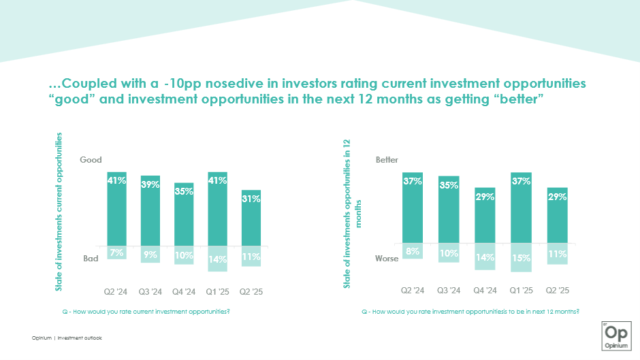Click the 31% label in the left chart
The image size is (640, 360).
pos(251,199)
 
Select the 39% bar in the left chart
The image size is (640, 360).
pos(150,210)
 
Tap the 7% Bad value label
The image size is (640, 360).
pos(116,252)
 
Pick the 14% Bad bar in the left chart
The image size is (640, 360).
pos(218,259)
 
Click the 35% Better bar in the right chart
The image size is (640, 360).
pos(449,210)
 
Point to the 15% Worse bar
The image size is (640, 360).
pos(521,258)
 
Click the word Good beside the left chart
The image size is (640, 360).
pos(91,160)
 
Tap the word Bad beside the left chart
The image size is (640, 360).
pos(91,259)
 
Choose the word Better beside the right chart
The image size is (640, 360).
pos(387,160)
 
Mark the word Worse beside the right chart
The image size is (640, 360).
pos(386,259)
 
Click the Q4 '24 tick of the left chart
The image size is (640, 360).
pos(184,292)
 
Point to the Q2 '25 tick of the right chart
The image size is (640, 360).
pos(557,291)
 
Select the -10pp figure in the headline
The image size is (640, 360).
pos(179,84)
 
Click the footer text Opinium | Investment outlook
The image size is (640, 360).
pos(67,338)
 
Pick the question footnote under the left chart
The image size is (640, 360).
pos(150,311)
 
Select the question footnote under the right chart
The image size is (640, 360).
pos(470,311)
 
